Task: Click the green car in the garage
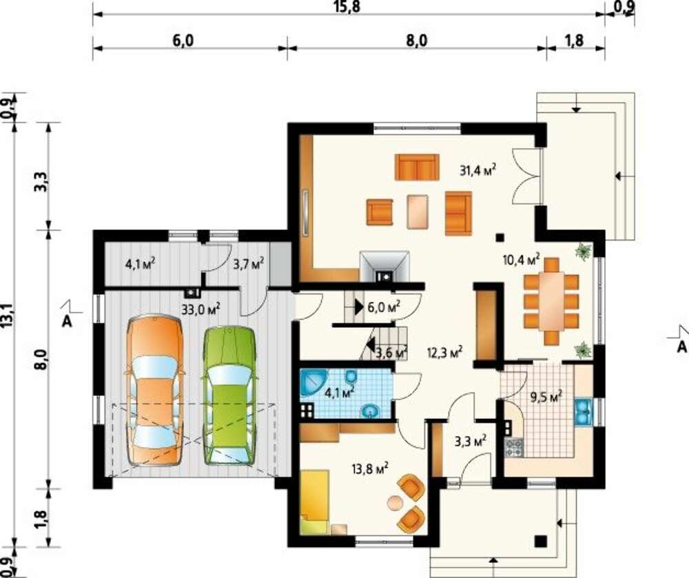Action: (230, 395)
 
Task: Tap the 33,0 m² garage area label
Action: (200, 309)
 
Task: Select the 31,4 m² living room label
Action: (478, 169)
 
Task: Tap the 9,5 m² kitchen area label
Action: (546, 398)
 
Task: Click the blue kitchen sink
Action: (584, 412)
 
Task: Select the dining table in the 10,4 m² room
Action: (551, 300)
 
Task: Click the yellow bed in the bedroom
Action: (315, 502)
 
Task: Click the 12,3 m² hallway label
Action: (444, 352)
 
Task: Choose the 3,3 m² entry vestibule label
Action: (471, 441)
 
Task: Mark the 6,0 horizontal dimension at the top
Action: (183, 41)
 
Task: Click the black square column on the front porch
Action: (542, 541)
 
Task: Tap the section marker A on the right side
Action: (681, 347)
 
